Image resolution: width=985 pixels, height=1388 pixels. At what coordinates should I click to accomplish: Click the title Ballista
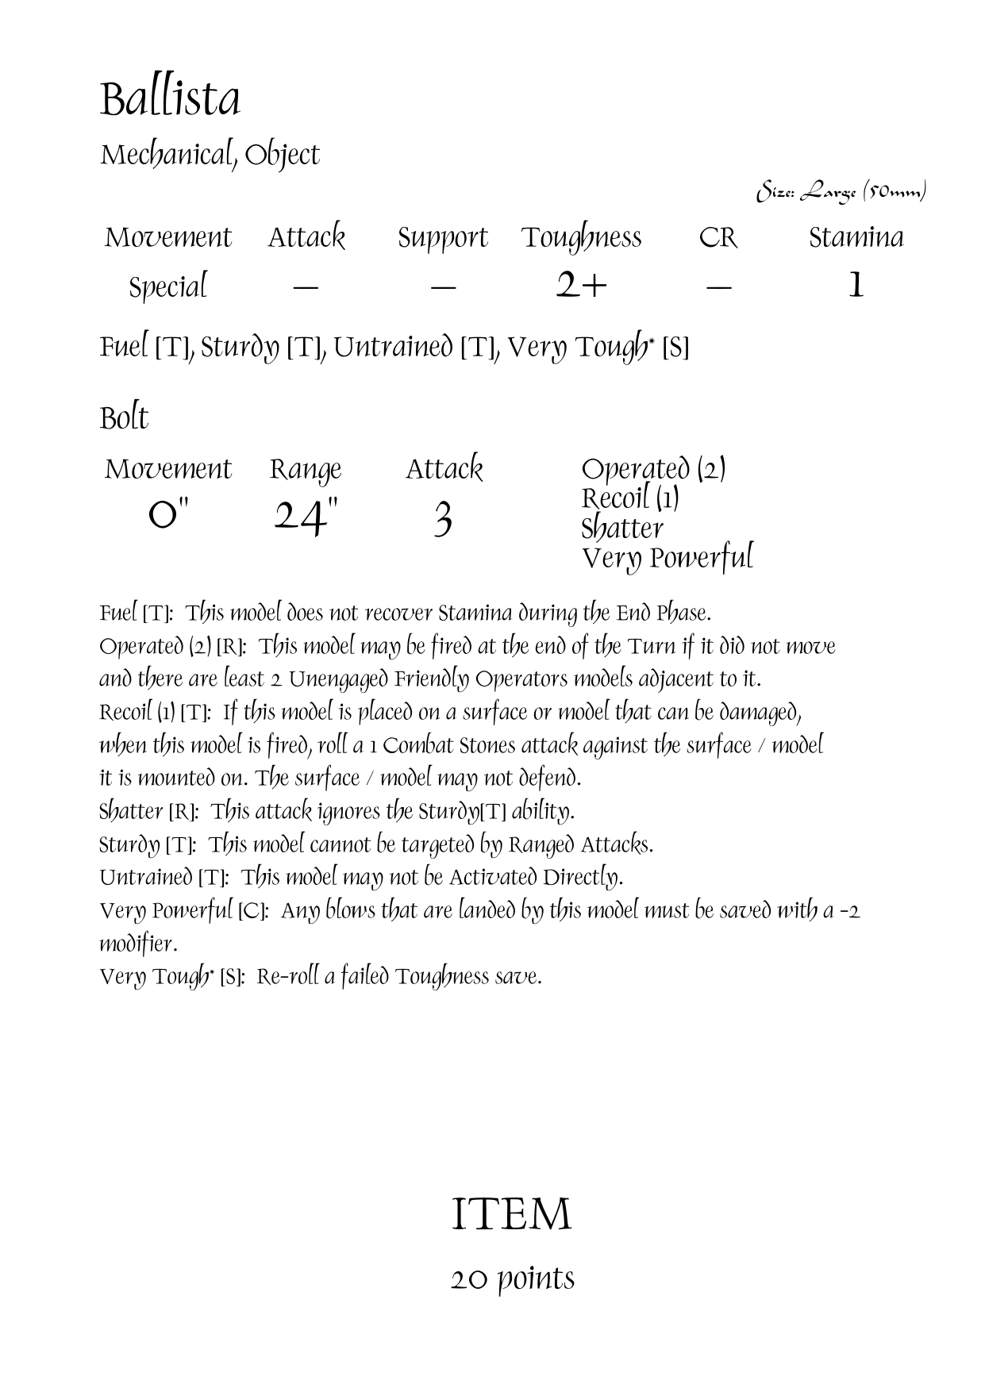[x=170, y=100]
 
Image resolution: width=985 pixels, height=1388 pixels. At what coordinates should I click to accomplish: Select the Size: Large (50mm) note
[x=841, y=191]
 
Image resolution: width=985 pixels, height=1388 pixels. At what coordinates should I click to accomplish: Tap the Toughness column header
[x=581, y=237]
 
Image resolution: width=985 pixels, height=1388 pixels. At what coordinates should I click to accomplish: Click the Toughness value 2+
[x=581, y=286]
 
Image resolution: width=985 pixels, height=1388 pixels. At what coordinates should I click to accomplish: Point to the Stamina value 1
[x=855, y=286]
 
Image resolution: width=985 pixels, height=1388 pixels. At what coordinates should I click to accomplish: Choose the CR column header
[x=718, y=237]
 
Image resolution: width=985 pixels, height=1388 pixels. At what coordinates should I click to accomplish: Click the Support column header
[x=443, y=238]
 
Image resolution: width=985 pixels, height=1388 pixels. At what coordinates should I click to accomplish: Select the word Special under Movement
[x=167, y=286]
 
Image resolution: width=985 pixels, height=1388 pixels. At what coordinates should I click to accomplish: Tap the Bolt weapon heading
[x=124, y=418]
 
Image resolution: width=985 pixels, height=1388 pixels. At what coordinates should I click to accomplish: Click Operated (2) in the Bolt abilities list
[x=653, y=469]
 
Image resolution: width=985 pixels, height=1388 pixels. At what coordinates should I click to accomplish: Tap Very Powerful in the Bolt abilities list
[x=667, y=558]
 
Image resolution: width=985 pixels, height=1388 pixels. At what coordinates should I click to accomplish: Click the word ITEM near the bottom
[x=511, y=1214]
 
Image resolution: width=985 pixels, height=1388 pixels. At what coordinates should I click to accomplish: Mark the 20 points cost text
[x=513, y=1278]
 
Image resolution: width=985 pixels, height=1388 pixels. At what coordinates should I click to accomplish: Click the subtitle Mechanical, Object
[x=210, y=155]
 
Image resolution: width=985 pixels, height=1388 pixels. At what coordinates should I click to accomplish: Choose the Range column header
[x=306, y=470]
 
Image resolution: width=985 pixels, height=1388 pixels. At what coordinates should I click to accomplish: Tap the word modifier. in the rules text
[x=138, y=944]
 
